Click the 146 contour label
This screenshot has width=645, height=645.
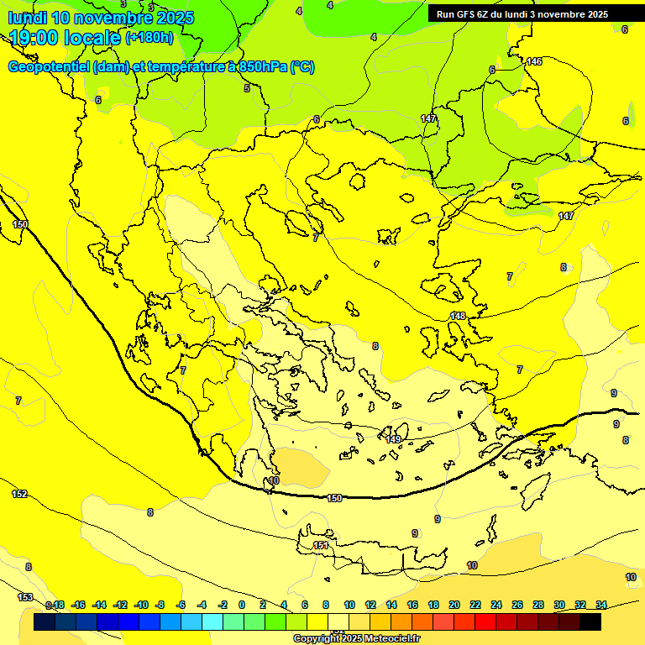534,61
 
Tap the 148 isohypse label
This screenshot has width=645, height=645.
458,316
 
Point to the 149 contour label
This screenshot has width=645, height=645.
393,438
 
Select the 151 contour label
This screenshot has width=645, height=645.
321,546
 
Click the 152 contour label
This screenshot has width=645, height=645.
19,494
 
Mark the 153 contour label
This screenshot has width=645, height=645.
25,597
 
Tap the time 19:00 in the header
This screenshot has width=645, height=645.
39,38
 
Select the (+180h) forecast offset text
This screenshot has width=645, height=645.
149,37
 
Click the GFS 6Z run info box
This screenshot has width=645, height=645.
522,13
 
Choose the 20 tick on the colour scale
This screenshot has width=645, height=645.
454,605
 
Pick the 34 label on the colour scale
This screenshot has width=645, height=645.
601,605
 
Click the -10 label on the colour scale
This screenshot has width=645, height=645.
141,605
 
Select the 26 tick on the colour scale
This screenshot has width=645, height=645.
517,605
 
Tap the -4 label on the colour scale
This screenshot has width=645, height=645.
202,605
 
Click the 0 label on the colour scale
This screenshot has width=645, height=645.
242,605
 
